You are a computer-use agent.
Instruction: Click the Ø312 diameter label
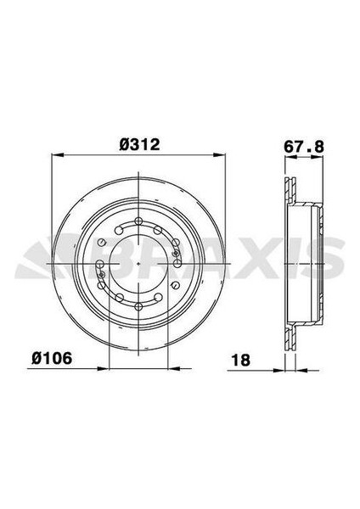(x=140, y=145)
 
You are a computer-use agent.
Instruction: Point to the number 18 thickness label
(x=241, y=359)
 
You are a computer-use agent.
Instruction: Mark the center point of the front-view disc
(x=138, y=263)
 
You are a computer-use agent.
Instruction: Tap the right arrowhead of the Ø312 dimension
(x=220, y=155)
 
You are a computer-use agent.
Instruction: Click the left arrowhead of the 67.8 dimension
(x=283, y=155)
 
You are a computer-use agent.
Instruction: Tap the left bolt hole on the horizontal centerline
(x=100, y=263)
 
